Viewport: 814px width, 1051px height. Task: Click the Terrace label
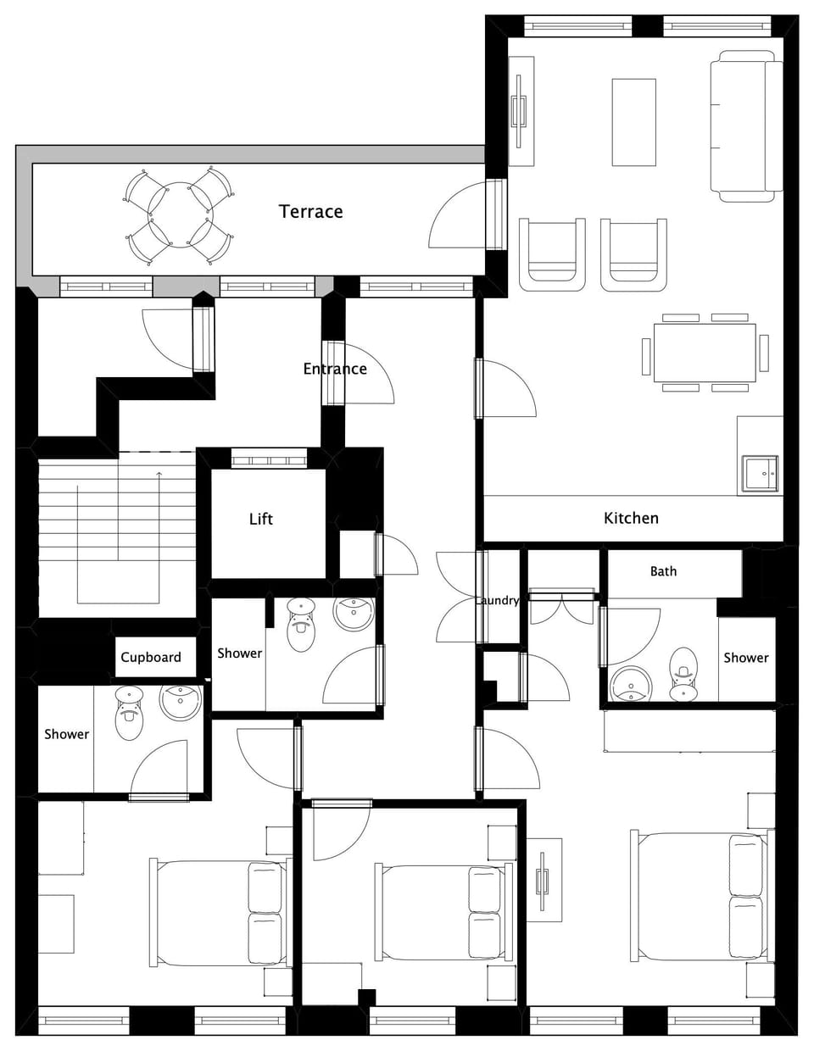(x=310, y=211)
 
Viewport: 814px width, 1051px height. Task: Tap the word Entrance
(x=335, y=369)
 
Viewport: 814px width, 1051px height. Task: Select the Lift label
(x=261, y=519)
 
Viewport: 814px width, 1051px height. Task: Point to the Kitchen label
(x=631, y=518)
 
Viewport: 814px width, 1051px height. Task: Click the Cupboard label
(x=151, y=657)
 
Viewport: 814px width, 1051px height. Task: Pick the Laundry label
(x=498, y=600)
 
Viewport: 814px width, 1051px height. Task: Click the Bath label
(x=663, y=571)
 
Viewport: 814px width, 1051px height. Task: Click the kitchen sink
(x=760, y=473)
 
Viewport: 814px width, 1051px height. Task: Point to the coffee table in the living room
(x=634, y=122)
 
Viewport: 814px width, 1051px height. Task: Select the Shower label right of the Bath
(x=745, y=658)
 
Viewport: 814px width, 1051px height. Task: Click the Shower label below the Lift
(x=239, y=653)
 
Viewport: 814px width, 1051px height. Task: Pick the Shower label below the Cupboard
(x=66, y=734)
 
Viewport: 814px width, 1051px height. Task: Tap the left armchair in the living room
(x=552, y=253)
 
